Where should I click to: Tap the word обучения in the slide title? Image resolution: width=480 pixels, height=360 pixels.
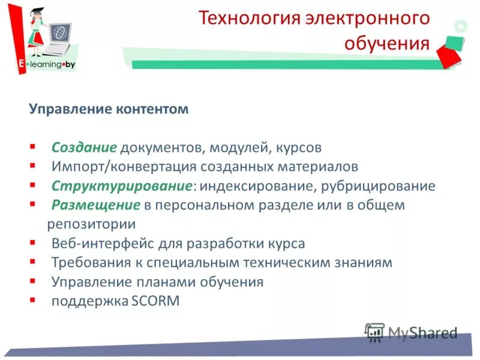coord(387,43)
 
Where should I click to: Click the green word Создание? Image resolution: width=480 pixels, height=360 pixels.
coord(83,148)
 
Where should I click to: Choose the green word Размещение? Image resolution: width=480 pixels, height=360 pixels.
coord(95,205)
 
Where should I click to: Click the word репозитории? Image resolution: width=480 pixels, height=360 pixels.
coord(91,224)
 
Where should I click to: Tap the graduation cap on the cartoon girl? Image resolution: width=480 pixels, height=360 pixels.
coord(37,9)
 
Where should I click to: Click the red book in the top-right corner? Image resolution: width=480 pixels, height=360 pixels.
coord(450,54)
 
